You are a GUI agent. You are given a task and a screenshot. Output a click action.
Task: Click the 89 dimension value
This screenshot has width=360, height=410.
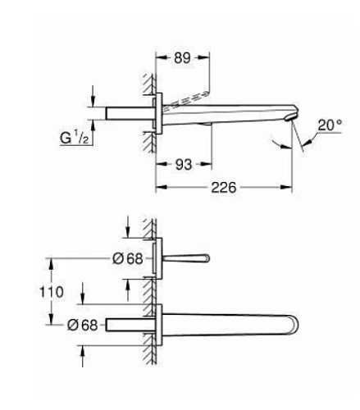(181, 57)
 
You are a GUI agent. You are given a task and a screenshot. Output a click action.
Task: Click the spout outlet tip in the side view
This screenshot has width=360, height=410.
(289, 119)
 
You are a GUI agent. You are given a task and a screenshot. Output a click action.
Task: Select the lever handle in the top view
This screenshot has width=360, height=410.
(184, 258)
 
